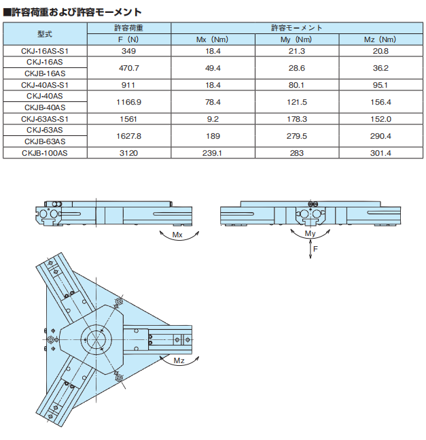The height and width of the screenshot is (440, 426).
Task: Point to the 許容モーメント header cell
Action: (x=297, y=28)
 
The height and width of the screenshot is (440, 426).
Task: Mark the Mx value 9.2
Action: (x=213, y=119)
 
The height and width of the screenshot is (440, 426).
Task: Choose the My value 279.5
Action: (x=297, y=136)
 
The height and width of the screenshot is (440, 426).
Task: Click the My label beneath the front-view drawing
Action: (x=310, y=234)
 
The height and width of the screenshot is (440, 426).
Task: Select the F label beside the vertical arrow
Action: (x=316, y=250)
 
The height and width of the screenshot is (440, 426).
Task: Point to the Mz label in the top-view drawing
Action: (x=179, y=360)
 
